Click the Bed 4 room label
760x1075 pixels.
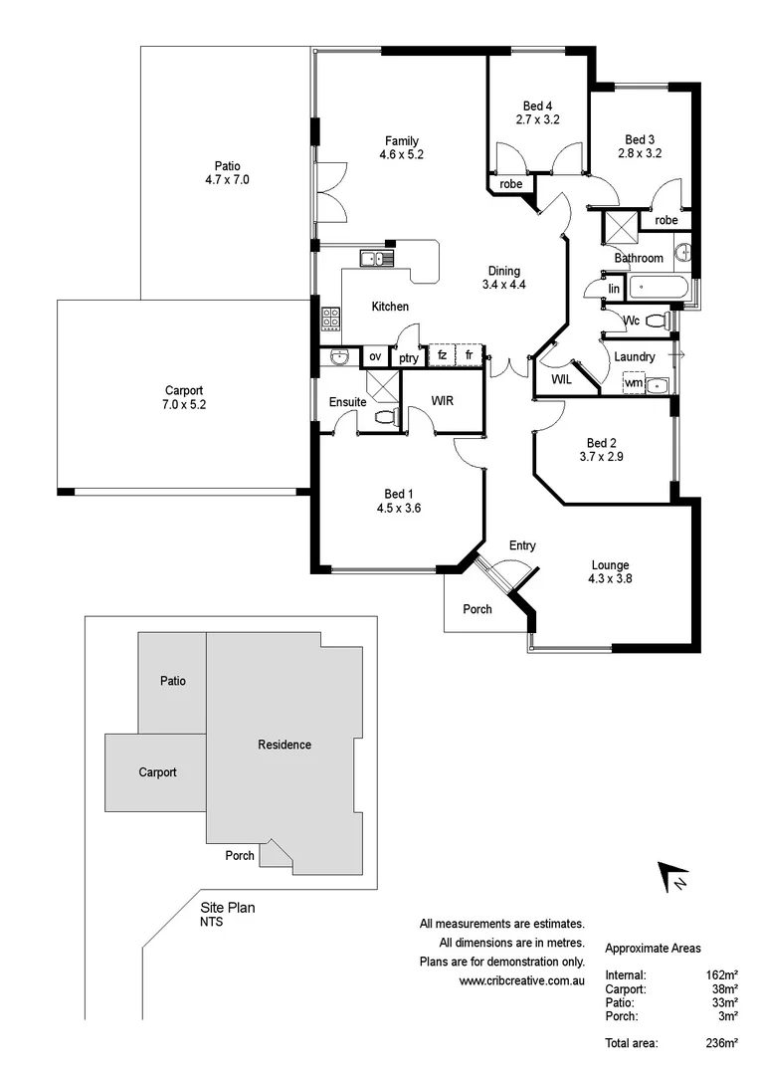[x=537, y=107]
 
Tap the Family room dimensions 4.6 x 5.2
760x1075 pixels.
[x=402, y=154]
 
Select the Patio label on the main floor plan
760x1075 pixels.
[x=227, y=166]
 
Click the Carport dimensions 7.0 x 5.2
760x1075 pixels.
[x=185, y=404]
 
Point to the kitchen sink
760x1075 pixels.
[x=377, y=260]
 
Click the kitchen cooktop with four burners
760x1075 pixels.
[x=330, y=319]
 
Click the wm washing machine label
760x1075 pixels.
[x=633, y=383]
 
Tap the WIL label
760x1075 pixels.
[x=560, y=378]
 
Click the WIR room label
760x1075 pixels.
[x=443, y=400]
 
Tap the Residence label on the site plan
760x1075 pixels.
[x=285, y=745]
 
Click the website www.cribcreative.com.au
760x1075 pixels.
[x=521, y=980]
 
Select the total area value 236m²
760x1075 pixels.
[x=720, y=1043]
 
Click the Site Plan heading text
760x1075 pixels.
[x=228, y=908]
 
